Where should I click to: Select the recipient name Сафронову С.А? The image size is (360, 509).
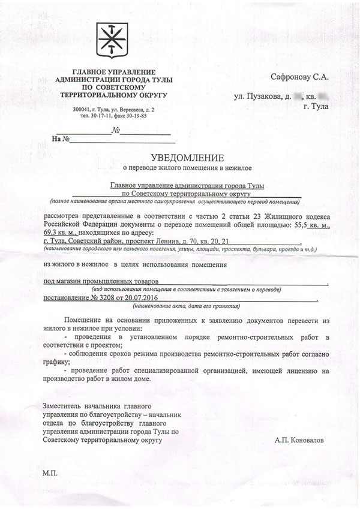pyautogui.click(x=299, y=76)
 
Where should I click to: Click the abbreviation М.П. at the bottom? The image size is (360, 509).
pyautogui.click(x=51, y=473)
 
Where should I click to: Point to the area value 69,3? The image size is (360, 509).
pyautogui.click(x=54, y=232)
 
